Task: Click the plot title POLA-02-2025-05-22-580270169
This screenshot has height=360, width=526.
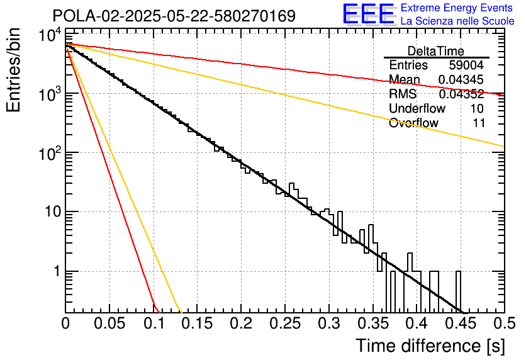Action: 174,16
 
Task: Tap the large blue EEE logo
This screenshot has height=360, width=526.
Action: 368,14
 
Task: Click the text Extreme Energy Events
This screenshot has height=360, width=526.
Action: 457,8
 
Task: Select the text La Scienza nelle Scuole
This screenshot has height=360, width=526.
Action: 457,21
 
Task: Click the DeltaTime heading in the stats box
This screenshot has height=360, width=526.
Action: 435,51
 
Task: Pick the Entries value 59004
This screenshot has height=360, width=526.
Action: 466,65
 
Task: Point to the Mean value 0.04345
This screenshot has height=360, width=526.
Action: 461,80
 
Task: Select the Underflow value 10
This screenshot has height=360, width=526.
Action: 476,108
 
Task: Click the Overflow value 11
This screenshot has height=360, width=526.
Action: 478,123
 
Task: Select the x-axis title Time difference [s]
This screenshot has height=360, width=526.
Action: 430,346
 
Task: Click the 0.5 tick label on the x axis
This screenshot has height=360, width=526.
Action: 503,323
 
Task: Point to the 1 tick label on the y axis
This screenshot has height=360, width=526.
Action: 56,272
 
